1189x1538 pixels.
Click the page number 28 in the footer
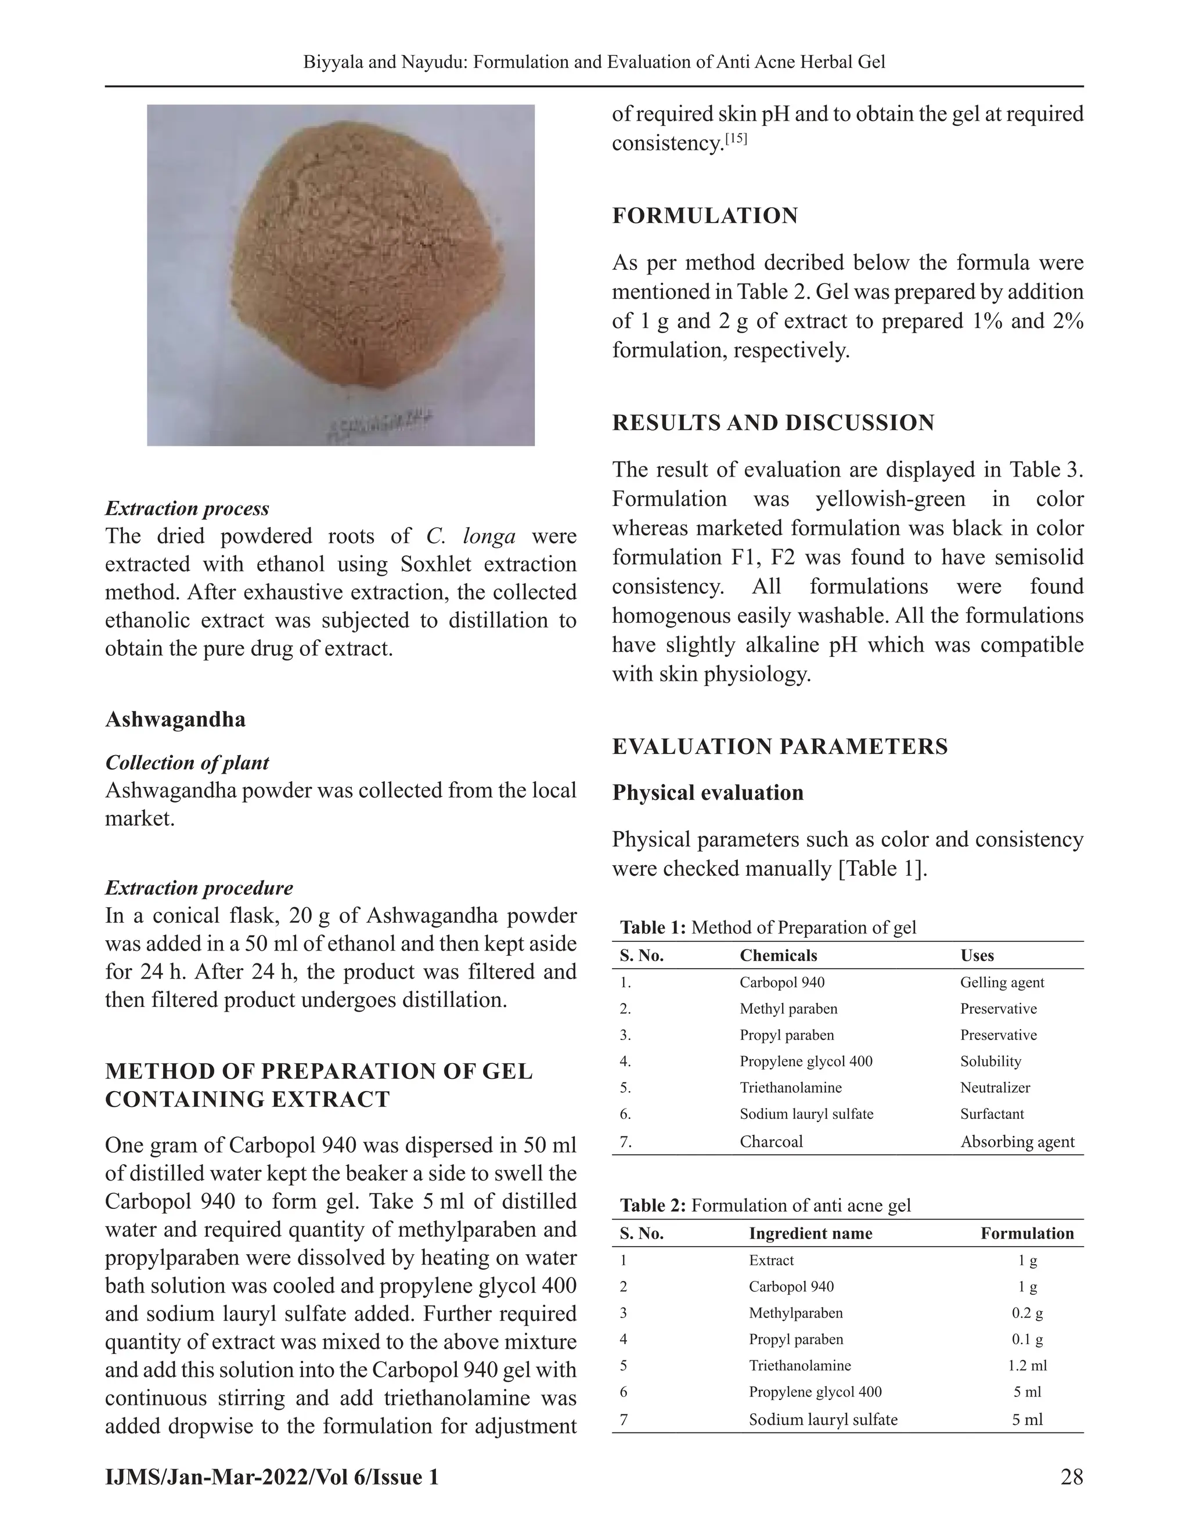[1071, 1476]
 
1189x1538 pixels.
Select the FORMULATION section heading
[704, 215]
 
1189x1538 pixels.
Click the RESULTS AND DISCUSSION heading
[773, 423]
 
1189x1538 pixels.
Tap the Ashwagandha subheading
[175, 719]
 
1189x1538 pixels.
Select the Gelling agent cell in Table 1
[1001, 983]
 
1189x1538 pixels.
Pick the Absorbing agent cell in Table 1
[1017, 1142]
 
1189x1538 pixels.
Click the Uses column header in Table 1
[977, 956]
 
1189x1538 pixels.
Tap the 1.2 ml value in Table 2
[1027, 1366]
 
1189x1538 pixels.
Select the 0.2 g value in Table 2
[1027, 1313]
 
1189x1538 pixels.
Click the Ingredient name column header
[810, 1233]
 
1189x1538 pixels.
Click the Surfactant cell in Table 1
[991, 1114]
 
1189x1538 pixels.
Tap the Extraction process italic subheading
[187, 508]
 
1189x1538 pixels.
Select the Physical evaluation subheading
[707, 792]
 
